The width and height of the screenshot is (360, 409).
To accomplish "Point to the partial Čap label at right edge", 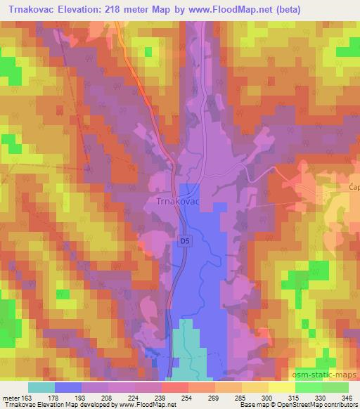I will click(354, 187).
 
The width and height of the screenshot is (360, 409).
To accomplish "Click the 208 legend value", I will click(105, 398).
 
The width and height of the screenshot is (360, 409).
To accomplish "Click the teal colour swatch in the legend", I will click(41, 387).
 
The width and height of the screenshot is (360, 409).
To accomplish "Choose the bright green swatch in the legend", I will click(308, 387).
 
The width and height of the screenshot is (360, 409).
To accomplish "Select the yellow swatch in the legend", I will click(281, 387).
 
